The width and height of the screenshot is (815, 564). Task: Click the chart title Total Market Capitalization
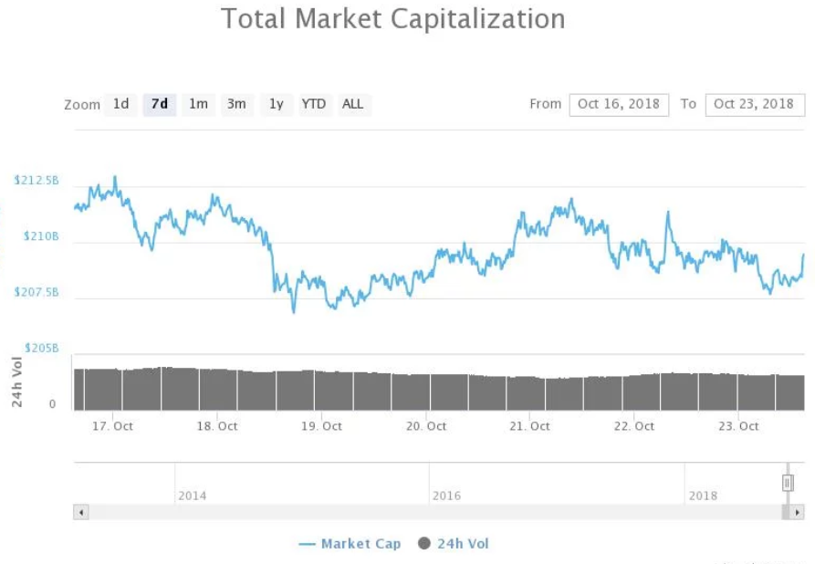[393, 19]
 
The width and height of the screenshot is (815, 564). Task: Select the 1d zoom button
[120, 104]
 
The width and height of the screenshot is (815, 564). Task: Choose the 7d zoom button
[160, 104]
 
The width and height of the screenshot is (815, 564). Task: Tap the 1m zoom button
[198, 104]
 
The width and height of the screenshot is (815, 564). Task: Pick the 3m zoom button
[236, 104]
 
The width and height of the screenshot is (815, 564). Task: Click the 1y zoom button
[276, 104]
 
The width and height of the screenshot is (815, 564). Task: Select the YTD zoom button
[314, 104]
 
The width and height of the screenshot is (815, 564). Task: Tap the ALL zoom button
[353, 104]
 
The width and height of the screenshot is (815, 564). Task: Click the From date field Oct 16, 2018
[619, 104]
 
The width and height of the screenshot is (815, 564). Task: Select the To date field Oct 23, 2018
[754, 104]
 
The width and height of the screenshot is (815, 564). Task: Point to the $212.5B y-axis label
[37, 181]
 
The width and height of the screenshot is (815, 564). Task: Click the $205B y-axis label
[41, 348]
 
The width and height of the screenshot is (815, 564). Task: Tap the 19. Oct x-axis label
[321, 426]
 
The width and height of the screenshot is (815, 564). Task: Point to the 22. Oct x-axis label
[633, 426]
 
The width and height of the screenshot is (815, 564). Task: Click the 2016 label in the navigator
[446, 496]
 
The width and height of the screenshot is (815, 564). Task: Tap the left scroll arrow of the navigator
[81, 513]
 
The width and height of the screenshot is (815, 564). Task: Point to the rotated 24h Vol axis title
[17, 384]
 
